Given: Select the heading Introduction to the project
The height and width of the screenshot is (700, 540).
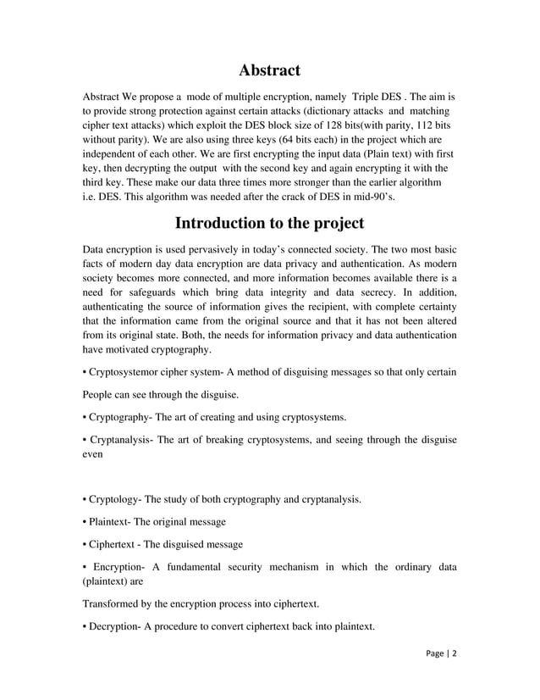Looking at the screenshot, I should pyautogui.click(x=269, y=224).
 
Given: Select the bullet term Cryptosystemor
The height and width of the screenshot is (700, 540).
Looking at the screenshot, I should pyautogui.click(x=127, y=372).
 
